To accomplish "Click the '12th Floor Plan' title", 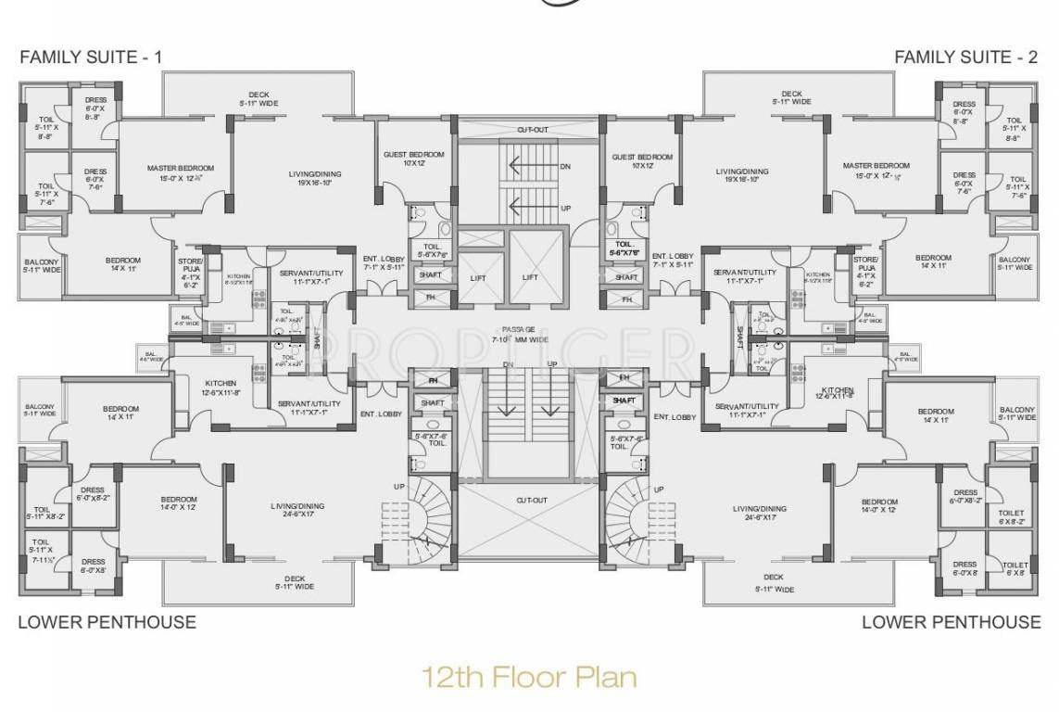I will [x=529, y=676].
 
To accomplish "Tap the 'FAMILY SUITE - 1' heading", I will [x=91, y=57].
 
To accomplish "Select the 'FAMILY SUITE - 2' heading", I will [x=965, y=57].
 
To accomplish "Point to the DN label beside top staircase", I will [x=565, y=167].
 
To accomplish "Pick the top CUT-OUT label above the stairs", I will [x=531, y=130].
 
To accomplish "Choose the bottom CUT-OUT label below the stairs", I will [x=532, y=501].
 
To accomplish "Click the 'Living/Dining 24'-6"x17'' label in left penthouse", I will [x=296, y=511].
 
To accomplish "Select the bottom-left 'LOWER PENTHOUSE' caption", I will [x=107, y=622].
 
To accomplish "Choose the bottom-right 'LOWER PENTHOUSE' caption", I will [x=951, y=622].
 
